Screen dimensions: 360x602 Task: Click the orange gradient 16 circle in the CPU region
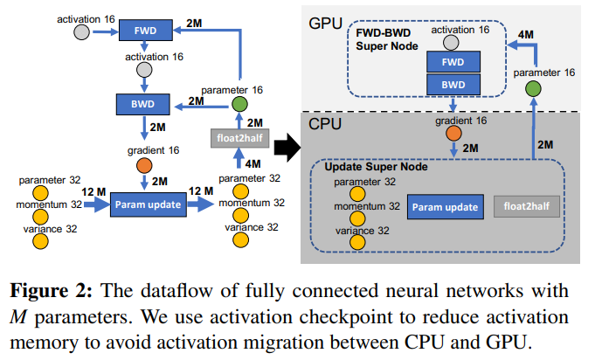pos(455,134)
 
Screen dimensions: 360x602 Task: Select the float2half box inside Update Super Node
pos(522,207)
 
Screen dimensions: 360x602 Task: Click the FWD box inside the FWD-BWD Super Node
pos(453,64)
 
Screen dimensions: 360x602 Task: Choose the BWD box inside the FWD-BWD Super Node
pos(453,86)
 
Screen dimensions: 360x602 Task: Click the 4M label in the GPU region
pos(526,36)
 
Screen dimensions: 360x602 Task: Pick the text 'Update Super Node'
pos(374,166)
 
